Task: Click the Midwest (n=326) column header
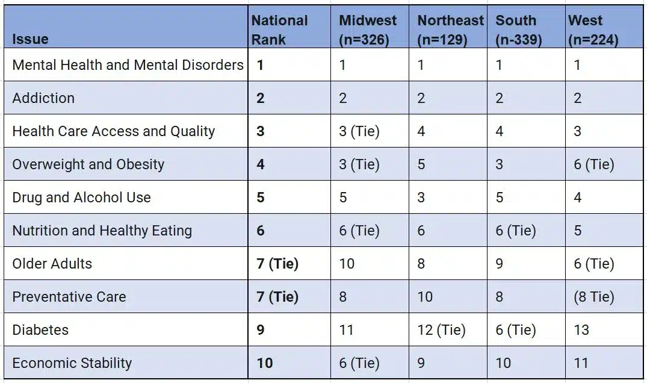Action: pos(368,30)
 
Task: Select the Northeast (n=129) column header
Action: pos(451,30)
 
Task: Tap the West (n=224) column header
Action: pos(593,30)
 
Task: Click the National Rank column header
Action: pos(279,30)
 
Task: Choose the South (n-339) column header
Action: pos(519,30)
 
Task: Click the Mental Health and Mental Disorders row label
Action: pos(128,65)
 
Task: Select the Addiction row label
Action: pos(43,98)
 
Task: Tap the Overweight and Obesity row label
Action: pos(88,164)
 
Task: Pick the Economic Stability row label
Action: pos(72,363)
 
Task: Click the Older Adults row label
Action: pos(52,264)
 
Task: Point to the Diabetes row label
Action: pos(40,330)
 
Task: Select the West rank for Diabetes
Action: pos(581,330)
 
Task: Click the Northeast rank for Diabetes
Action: pos(441,330)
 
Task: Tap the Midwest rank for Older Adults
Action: pos(347,264)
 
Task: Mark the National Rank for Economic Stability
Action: pos(264,363)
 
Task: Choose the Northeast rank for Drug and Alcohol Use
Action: pos(421,198)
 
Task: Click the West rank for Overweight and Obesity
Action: pos(593,164)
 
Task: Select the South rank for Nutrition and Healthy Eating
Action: pos(515,231)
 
